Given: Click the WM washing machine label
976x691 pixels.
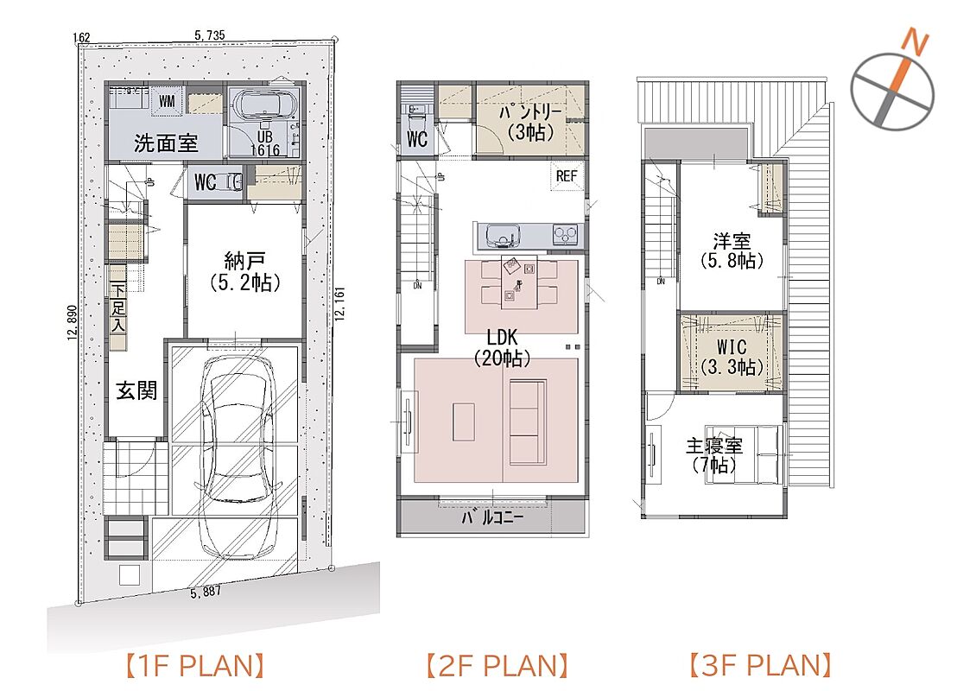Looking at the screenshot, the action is [167, 100].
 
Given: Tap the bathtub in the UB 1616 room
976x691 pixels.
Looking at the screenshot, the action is [264, 104].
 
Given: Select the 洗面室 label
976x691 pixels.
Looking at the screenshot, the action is [166, 143].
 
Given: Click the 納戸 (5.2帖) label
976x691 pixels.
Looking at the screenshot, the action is [244, 272].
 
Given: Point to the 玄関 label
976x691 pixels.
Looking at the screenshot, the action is [137, 390].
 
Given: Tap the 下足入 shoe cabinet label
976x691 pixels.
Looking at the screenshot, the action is [118, 307].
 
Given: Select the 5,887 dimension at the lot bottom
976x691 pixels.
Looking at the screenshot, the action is [206, 592].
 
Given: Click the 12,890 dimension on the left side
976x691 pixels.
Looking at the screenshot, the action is [71, 323].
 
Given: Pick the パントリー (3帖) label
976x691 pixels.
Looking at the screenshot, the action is [530, 122].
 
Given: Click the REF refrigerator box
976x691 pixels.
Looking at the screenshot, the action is [566, 176].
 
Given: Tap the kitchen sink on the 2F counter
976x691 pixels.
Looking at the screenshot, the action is [503, 236].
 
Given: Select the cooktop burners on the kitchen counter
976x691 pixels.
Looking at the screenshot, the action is [566, 235].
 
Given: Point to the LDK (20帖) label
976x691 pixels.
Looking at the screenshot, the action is [502, 348].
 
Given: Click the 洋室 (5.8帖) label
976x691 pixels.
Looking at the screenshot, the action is [732, 250].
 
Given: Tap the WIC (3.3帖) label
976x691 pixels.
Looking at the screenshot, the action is [732, 357].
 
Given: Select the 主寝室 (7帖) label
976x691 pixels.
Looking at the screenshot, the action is [714, 455].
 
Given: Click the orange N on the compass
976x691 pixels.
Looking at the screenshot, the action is [916, 41].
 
